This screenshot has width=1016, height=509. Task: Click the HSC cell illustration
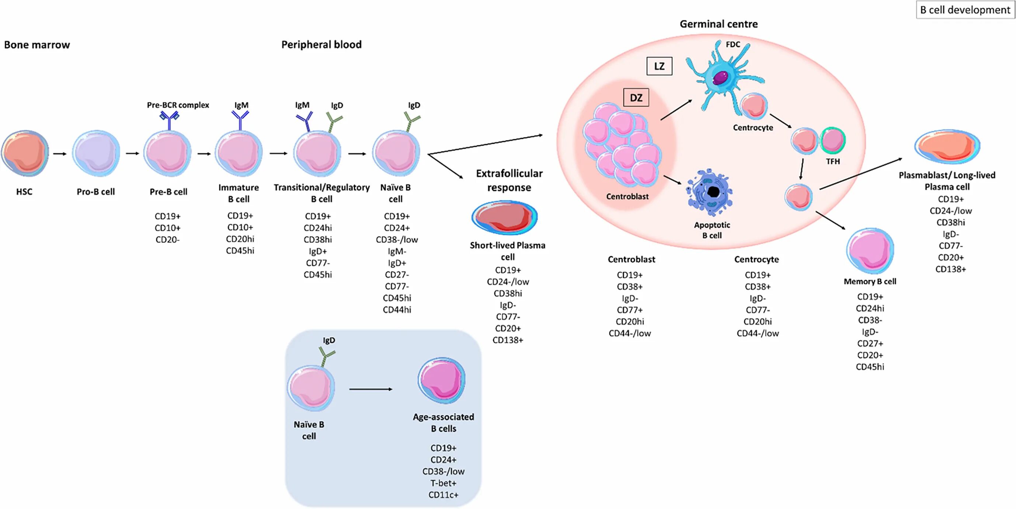[x=25, y=153]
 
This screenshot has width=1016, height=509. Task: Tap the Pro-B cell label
[x=96, y=192]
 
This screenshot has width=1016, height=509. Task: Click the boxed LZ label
[x=659, y=66]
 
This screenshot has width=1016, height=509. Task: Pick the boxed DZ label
[x=636, y=98]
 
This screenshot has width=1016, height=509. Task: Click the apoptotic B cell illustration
[x=710, y=192]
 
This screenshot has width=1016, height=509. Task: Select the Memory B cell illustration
[x=870, y=251]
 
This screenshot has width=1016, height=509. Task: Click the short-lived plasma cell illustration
[x=504, y=217]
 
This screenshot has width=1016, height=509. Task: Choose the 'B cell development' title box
[x=965, y=10]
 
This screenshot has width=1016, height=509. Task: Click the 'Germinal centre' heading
[x=718, y=24]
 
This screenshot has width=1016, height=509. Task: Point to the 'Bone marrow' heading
[x=37, y=45]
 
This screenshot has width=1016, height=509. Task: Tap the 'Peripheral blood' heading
[x=321, y=45]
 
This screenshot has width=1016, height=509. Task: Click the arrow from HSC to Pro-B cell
[x=60, y=154]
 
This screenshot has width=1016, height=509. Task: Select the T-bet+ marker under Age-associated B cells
[x=443, y=483]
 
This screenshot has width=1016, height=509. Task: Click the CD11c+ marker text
[x=443, y=495]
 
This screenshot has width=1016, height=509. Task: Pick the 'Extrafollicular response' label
[x=509, y=181]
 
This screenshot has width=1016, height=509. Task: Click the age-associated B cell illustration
[x=442, y=380]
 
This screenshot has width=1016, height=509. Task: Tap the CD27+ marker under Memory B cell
[x=870, y=344]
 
